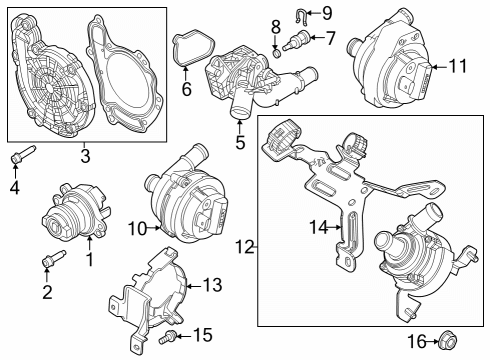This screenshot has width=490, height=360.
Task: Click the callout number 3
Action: (86, 157)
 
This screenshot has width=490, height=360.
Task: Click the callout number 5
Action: (240, 142)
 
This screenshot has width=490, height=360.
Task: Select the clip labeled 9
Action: (302, 14)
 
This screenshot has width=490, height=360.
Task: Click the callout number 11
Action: (459, 67)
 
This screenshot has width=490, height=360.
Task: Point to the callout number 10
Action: (137, 228)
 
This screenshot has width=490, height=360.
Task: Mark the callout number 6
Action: (185, 89)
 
